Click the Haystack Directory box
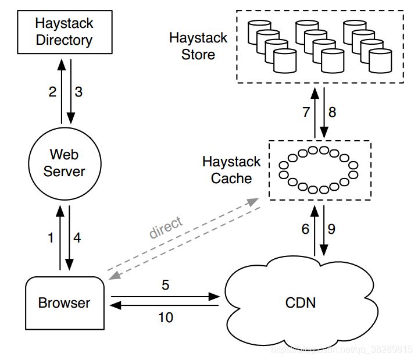[64, 32]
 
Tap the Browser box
[64, 302]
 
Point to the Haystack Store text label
[198, 47]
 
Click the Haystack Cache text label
[231, 170]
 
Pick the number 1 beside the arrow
[51, 237]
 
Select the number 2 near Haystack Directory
[52, 92]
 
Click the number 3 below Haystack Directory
[79, 92]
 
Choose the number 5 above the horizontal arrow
[165, 286]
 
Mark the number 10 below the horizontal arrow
[165, 318]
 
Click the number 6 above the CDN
[305, 229]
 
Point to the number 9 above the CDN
[331, 229]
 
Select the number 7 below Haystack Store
[306, 112]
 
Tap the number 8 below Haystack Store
[332, 112]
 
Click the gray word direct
[166, 227]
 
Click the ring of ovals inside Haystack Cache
[318, 170]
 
